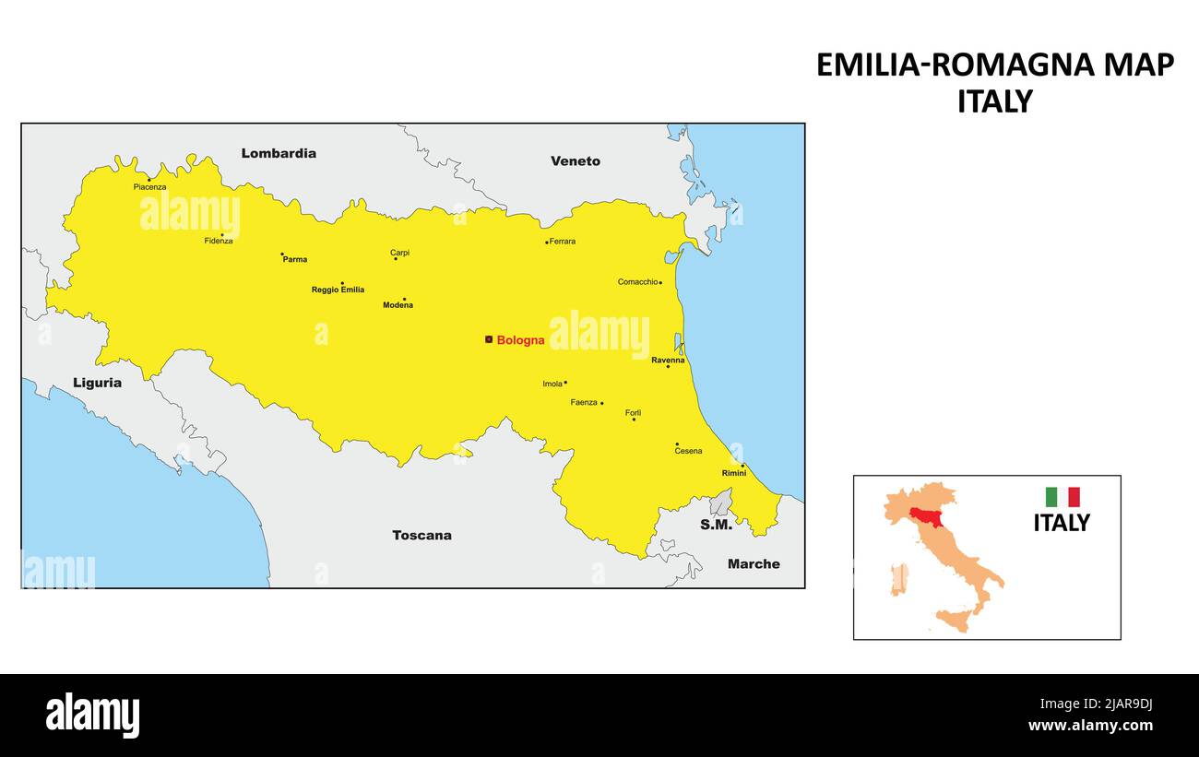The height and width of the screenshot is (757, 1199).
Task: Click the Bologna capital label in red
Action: pos(520,340)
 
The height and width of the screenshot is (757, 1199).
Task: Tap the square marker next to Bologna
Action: pos(489,339)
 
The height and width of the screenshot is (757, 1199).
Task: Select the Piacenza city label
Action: pos(149,187)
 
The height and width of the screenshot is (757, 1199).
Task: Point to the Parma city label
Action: pos(295,260)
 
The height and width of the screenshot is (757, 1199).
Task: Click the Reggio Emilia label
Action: pos(338,290)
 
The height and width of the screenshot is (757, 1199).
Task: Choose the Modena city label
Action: pos(398,305)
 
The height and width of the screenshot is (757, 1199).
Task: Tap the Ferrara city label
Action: pos(562,242)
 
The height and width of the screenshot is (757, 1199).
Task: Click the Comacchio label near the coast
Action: pos(637,282)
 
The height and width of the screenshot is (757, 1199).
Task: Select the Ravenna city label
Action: pos(668,360)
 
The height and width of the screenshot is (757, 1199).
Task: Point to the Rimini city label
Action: pos(734,473)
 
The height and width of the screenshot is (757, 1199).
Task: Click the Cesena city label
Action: pos(688,451)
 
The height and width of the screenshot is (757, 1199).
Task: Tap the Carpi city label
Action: pos(399,253)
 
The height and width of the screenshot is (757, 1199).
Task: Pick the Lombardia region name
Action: pos(279,153)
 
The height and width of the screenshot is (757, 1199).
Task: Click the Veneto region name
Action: pos(576,161)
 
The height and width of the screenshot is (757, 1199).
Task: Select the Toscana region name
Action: pos(421,535)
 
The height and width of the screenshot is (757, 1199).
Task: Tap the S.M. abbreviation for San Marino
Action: pos(716,525)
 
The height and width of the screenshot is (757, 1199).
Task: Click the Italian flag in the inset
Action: pos(1062,497)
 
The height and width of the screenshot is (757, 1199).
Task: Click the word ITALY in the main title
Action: pos(994,101)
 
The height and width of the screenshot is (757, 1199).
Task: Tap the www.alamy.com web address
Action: pos(1089,725)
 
